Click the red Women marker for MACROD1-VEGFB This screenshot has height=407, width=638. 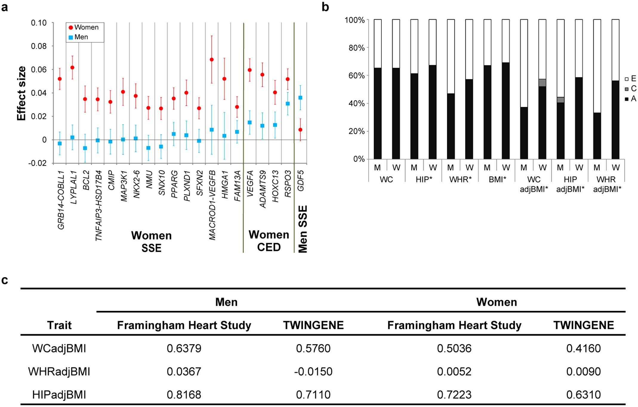tap(212, 60)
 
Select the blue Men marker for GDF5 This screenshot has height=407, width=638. tap(300, 98)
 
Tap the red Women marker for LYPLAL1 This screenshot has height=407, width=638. tap(72, 67)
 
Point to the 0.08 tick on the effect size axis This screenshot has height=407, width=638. tap(39, 46)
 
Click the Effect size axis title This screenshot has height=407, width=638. tap(21, 93)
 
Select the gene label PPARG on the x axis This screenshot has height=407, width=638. tap(174, 184)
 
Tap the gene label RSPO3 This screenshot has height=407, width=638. tap(288, 184)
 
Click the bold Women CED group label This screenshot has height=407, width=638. tap(269, 241)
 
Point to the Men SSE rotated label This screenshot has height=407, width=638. tap(303, 229)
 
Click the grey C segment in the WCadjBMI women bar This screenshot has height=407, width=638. tap(542, 83)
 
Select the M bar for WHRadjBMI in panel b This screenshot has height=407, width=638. tap(597, 136)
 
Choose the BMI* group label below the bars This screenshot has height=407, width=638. tap(497, 179)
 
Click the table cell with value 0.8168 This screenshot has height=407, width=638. tap(184, 394)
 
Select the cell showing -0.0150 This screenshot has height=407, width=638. tap(313, 371)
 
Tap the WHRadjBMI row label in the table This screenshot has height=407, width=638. tap(59, 371)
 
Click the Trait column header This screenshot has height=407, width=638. tap(59, 325)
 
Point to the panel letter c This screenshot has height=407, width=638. tap(5, 280)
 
